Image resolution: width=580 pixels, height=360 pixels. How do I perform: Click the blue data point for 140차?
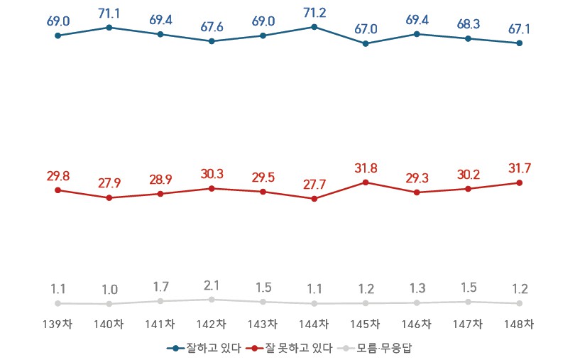109,28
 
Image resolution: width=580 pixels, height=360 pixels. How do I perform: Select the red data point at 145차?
366,182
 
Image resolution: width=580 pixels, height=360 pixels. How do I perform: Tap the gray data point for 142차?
212,300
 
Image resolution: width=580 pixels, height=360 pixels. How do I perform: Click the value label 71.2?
314,13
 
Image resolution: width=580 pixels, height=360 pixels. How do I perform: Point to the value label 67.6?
212,26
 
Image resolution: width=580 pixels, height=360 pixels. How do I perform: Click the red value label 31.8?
366,168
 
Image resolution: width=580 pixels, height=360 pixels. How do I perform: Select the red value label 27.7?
314,185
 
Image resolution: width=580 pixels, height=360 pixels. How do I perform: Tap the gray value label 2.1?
212,285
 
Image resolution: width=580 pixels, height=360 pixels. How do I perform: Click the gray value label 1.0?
109,290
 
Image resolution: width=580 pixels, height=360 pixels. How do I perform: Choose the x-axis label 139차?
58,324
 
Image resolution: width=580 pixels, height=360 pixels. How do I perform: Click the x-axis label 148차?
520,324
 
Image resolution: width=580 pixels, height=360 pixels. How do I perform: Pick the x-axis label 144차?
314,324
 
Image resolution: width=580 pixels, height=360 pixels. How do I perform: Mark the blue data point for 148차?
520,43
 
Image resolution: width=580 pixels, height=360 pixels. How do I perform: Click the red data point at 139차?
58,190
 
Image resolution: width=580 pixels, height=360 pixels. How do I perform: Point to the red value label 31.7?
520,168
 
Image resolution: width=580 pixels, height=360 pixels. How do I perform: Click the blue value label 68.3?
469,24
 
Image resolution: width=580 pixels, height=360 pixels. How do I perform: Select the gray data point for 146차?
417,302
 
